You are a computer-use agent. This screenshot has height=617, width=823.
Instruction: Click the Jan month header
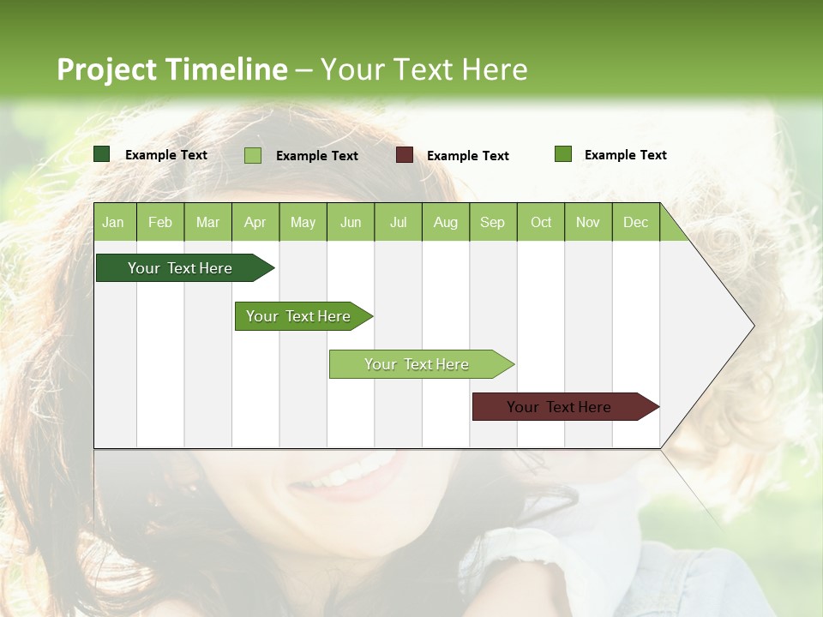(113, 223)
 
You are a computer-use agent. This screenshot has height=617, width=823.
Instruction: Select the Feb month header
(160, 223)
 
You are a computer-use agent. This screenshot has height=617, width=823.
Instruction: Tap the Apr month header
(255, 223)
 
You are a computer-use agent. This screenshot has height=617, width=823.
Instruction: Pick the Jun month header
(351, 223)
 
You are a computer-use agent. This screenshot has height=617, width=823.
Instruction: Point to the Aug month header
(445, 223)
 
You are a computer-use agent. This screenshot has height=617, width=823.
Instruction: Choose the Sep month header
(492, 223)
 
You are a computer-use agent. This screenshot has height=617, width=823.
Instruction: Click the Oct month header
(541, 223)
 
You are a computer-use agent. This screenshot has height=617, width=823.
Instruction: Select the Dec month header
(635, 223)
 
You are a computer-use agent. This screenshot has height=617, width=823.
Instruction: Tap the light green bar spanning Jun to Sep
(418, 364)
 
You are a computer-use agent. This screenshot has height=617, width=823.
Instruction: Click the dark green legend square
(102, 154)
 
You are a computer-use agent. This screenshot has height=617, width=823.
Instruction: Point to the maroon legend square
(405, 155)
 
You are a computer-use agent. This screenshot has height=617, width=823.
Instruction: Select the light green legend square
(253, 155)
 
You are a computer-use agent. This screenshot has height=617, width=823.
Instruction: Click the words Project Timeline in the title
(171, 69)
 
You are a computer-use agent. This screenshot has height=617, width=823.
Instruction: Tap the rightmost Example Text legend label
(625, 155)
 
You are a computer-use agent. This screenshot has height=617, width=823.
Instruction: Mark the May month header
(303, 223)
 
